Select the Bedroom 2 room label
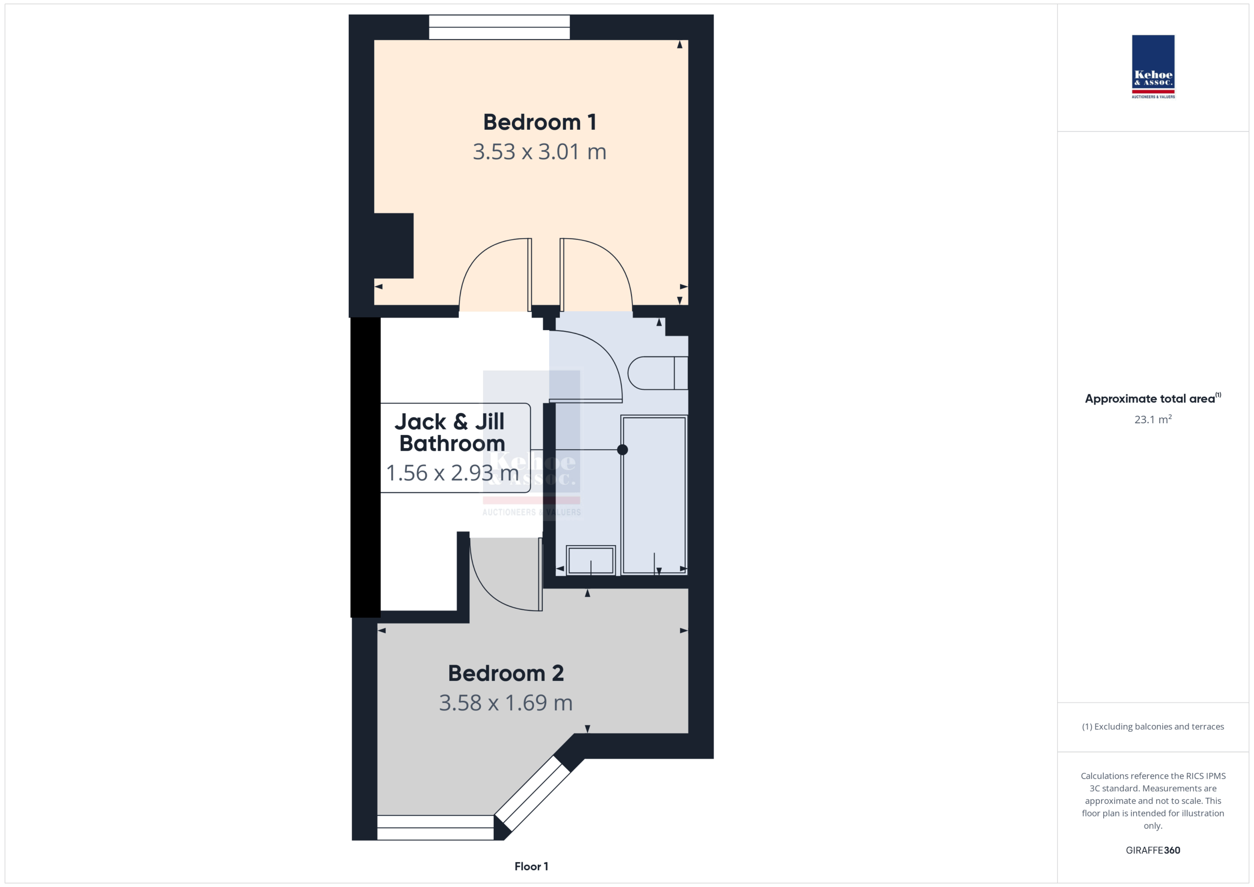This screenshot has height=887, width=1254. click(x=506, y=673)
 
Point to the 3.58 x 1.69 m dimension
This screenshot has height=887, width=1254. click(x=506, y=703)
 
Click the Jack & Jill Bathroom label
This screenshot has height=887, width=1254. click(x=452, y=432)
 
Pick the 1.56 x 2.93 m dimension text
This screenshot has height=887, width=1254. click(x=452, y=473)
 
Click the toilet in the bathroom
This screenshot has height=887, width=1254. click(x=657, y=373)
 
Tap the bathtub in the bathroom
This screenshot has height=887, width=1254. click(x=654, y=495)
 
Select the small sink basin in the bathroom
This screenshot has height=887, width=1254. click(x=590, y=560)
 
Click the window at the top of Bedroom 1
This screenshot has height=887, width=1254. click(x=499, y=27)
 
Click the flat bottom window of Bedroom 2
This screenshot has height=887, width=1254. click(x=435, y=827)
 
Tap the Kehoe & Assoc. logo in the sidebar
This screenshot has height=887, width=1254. click(x=1153, y=67)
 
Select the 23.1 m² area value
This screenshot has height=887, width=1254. click(x=1153, y=419)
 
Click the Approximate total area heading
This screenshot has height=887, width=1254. click(x=1153, y=399)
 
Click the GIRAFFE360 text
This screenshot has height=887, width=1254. click(x=1153, y=850)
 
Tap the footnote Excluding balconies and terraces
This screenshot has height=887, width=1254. click(x=1153, y=727)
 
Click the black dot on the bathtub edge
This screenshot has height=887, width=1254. click(x=622, y=450)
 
